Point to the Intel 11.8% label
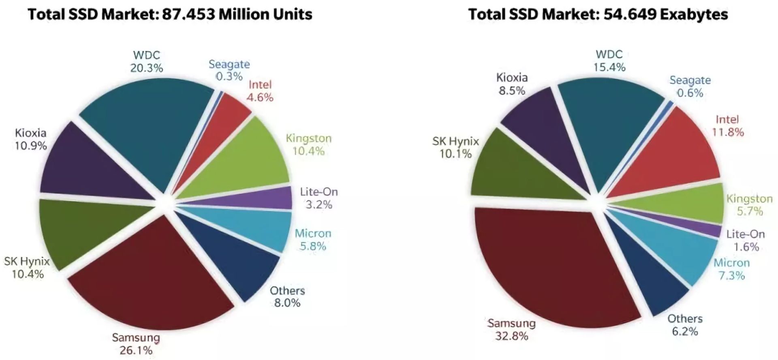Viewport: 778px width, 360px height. click(728, 126)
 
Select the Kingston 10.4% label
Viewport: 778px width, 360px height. click(309, 145)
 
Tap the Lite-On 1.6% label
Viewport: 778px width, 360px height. click(746, 241)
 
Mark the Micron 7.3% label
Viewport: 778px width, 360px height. click(732, 269)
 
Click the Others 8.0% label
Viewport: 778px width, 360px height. click(287, 297)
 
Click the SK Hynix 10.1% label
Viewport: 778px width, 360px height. click(455, 147)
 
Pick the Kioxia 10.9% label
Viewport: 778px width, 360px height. click(31, 139)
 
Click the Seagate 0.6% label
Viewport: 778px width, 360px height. click(690, 87)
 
